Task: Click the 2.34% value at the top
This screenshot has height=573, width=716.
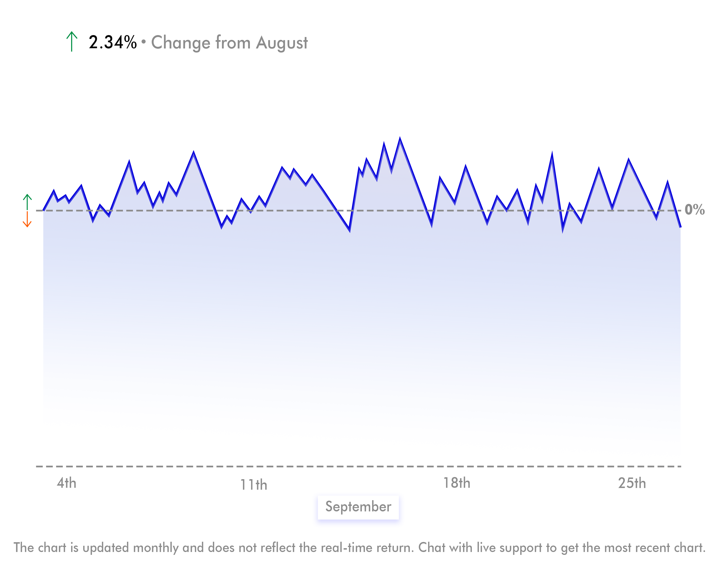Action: (113, 42)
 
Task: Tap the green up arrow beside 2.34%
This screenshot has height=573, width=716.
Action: (72, 42)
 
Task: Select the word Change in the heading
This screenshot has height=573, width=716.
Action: (181, 43)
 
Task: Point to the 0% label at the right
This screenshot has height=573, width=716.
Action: (695, 210)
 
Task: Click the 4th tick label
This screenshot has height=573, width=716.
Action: (66, 483)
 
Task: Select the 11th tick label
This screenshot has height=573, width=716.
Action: (254, 485)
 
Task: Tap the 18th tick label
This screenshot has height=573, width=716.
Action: (457, 483)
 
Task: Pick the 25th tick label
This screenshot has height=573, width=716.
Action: (632, 483)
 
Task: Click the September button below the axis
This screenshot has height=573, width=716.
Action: (358, 507)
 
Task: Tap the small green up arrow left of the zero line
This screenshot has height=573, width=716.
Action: (27, 202)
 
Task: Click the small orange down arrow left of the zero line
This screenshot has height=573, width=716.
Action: (27, 220)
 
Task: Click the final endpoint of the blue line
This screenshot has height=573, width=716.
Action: (680, 227)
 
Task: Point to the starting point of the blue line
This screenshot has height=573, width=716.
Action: (43, 210)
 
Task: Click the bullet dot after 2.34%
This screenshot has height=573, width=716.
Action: (143, 42)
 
